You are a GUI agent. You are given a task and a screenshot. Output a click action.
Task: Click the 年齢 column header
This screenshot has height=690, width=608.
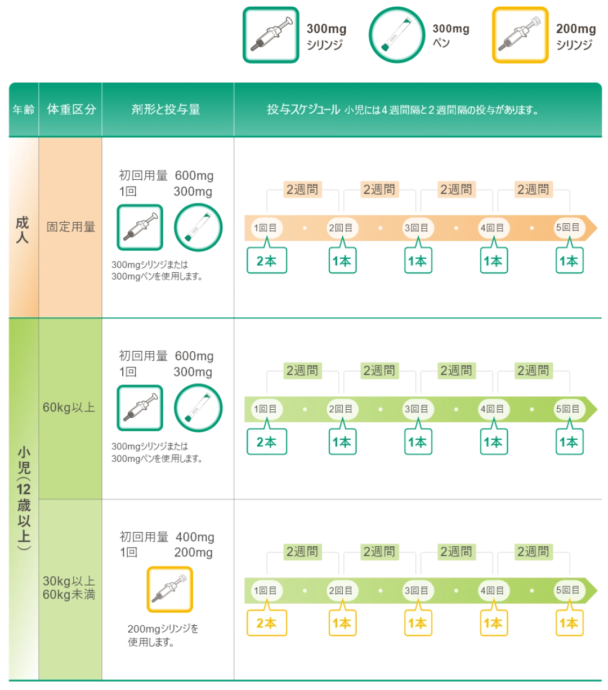[23, 109]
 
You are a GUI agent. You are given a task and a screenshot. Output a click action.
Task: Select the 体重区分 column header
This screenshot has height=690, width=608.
[71, 109]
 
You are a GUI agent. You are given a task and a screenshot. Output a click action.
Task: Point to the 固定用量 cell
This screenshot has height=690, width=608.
[71, 227]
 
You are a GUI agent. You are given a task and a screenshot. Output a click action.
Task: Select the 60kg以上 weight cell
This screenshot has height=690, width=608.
[69, 408]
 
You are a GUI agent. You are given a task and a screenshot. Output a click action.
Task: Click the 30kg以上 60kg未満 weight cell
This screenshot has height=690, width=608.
[69, 587]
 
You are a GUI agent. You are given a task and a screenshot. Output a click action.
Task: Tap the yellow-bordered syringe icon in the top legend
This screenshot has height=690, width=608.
[520, 34]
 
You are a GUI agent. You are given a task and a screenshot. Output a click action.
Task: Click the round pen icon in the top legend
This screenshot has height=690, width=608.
[396, 34]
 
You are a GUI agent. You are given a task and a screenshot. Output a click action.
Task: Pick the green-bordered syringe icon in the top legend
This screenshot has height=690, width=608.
[270, 34]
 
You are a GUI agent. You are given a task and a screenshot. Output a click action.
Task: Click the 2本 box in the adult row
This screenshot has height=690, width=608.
[267, 261]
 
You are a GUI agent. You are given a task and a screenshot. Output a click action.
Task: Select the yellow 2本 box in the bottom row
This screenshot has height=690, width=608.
[267, 623]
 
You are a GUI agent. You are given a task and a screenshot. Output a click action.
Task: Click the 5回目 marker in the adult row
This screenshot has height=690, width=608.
[568, 228]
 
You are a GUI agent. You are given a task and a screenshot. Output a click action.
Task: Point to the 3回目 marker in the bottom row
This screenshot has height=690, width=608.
[417, 590]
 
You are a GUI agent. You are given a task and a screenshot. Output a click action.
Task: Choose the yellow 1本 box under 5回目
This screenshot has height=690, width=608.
[568, 623]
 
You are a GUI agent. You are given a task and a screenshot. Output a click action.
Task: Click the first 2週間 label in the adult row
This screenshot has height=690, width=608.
[303, 189]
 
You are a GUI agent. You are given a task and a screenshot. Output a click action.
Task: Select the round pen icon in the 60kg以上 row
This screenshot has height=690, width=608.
[199, 408]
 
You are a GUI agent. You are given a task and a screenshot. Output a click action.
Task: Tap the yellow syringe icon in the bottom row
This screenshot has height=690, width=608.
[169, 589]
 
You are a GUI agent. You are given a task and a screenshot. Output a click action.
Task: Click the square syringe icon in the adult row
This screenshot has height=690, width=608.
[140, 227]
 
